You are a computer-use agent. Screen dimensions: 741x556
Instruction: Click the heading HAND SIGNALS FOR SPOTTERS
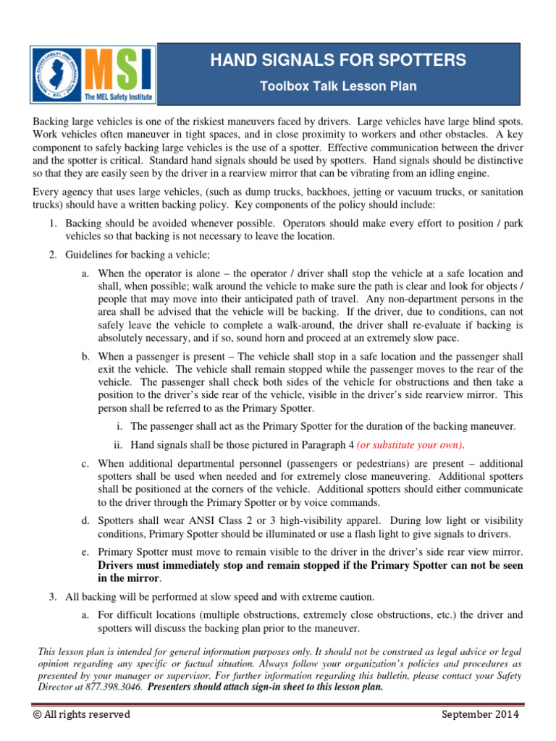(338, 60)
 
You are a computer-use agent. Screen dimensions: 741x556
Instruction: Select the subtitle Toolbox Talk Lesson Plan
(338, 86)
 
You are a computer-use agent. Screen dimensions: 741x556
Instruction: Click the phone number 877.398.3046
(115, 687)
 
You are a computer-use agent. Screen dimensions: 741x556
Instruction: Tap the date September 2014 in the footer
(480, 714)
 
